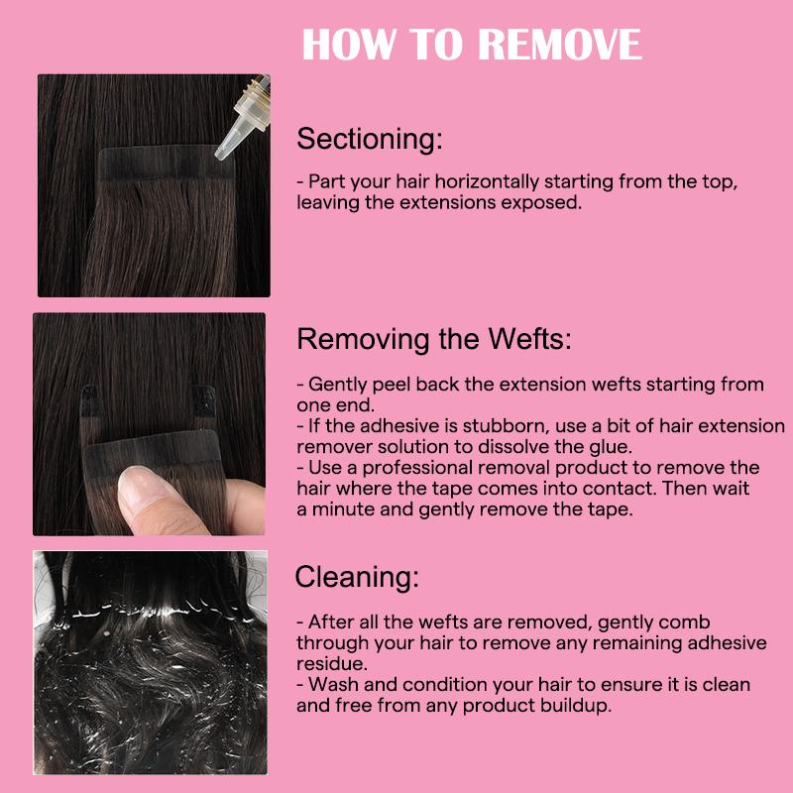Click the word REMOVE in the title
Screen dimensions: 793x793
click(560, 45)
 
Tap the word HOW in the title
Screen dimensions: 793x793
click(349, 45)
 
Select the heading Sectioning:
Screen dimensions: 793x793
click(370, 139)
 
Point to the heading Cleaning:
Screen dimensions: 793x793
click(357, 577)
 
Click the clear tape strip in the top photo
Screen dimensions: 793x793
click(166, 162)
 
